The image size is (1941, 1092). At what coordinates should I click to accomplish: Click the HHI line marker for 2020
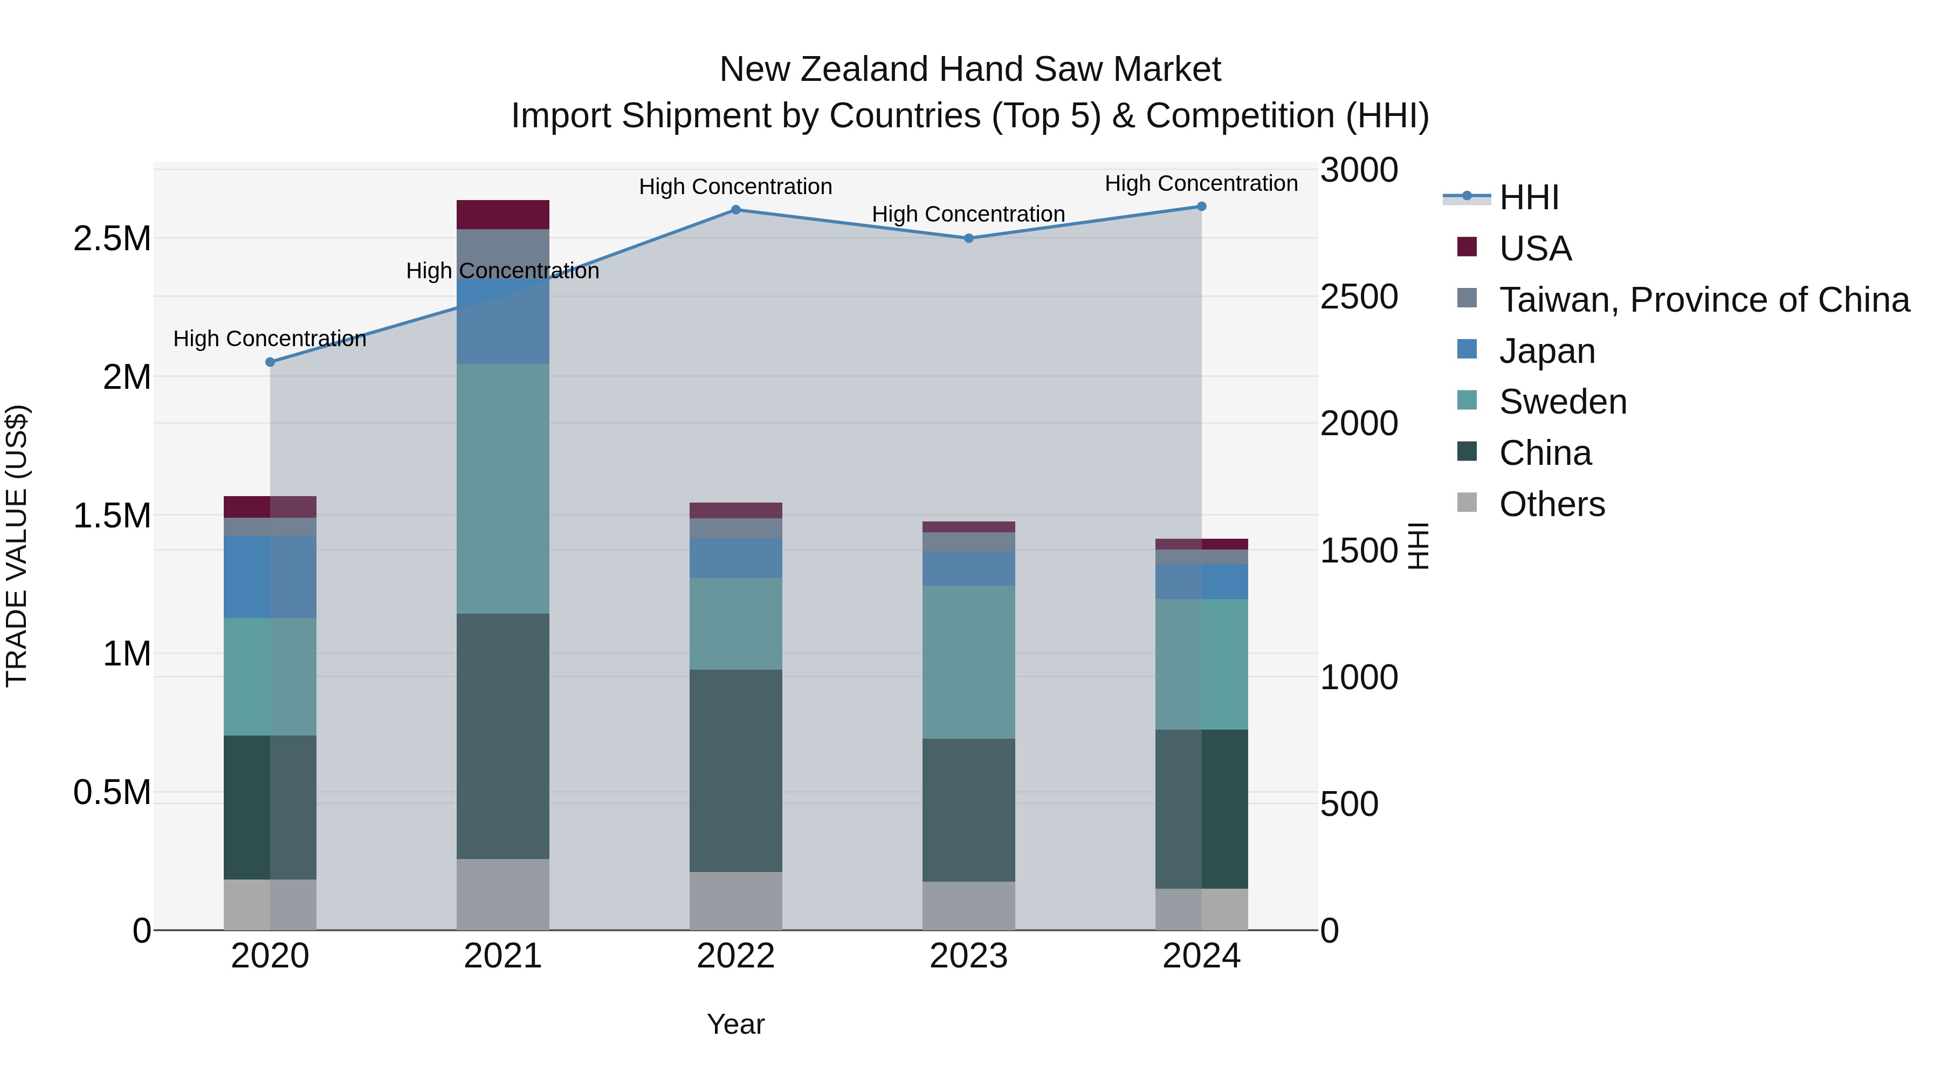pos(271,362)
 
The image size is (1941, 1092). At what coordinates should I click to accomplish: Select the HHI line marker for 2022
pos(736,210)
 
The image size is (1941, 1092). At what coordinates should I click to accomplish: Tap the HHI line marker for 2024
pos(1202,207)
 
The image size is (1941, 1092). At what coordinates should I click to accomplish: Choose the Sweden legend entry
pos(1563,402)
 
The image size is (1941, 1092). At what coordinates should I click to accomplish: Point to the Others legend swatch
pos(1467,503)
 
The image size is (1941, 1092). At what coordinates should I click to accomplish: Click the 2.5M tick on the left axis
pos(112,239)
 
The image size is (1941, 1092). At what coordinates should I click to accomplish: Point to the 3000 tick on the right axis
pos(1359,170)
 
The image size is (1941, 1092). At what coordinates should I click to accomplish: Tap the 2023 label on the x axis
pos(969,956)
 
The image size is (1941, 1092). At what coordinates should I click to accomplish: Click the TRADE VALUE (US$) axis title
pos(17,546)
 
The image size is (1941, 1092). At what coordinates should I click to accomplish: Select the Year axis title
pos(735,1024)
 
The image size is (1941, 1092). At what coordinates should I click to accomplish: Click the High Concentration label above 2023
pos(968,214)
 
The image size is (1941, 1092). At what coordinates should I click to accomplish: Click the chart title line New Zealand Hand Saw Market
pos(970,70)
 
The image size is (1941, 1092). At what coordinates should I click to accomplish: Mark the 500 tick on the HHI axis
pos(1349,804)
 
